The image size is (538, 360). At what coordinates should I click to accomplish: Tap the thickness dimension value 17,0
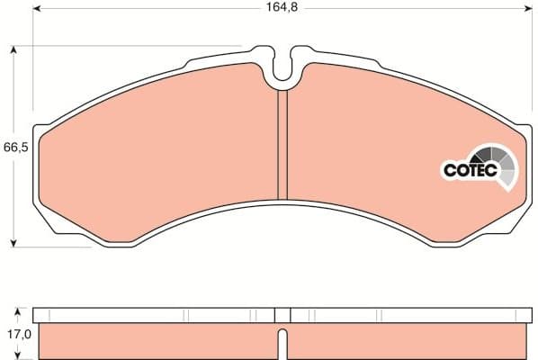click(x=14, y=333)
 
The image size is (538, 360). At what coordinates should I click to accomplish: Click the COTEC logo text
click(x=468, y=168)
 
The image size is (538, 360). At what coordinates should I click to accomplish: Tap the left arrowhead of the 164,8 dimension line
click(x=38, y=13)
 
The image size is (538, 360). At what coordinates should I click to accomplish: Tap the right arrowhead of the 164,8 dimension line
click(x=528, y=13)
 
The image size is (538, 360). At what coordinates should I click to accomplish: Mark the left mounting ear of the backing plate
click(x=38, y=153)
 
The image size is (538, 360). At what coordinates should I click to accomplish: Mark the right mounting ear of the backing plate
click(x=527, y=153)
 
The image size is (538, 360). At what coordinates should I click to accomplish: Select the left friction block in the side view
click(x=153, y=341)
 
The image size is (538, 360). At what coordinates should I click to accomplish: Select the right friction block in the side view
click(x=405, y=341)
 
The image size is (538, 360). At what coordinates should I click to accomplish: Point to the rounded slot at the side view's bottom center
click(x=282, y=345)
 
